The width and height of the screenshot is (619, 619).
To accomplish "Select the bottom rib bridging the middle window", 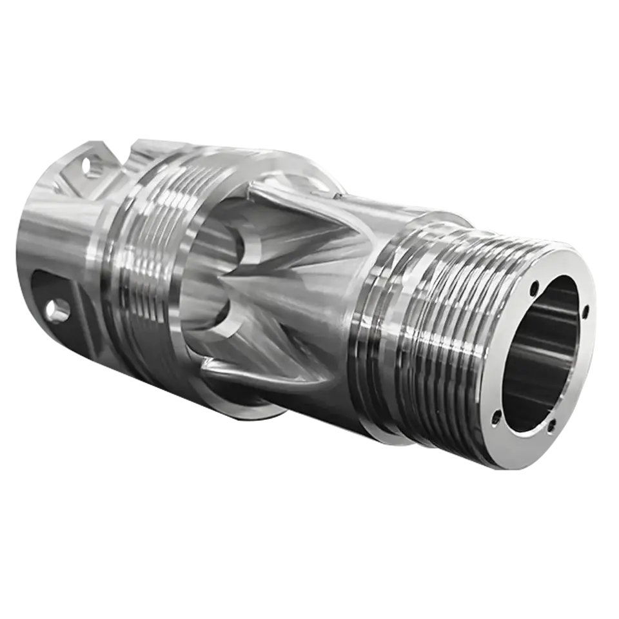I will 258,377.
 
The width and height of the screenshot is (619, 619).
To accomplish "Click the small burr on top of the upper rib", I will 336,191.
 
